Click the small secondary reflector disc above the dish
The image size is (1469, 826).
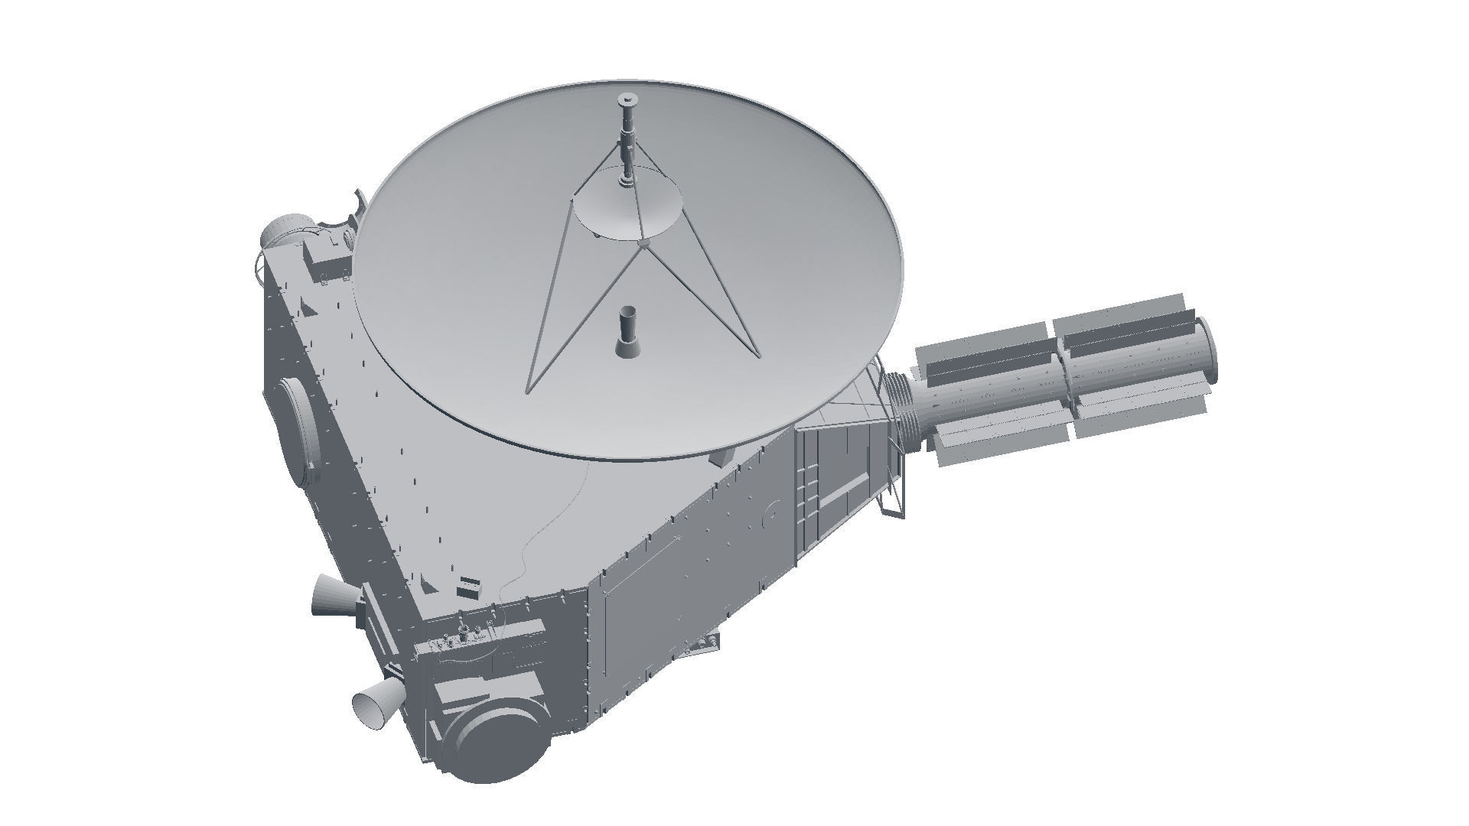click(x=627, y=208)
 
